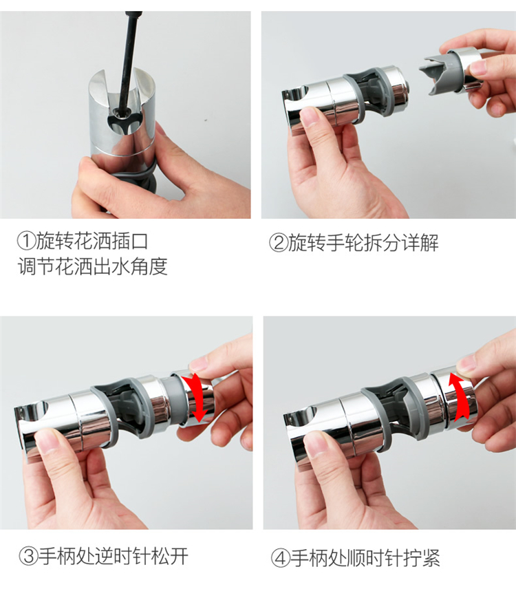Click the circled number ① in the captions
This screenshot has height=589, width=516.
tap(27, 241)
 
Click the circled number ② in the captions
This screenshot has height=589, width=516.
tap(279, 243)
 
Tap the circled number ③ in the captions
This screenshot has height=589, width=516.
tap(28, 557)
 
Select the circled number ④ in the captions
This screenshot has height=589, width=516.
tap(281, 558)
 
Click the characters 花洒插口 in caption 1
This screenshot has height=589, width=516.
tap(111, 241)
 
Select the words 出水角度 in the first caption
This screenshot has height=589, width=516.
tap(130, 266)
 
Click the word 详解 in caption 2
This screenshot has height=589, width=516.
tap(420, 243)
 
